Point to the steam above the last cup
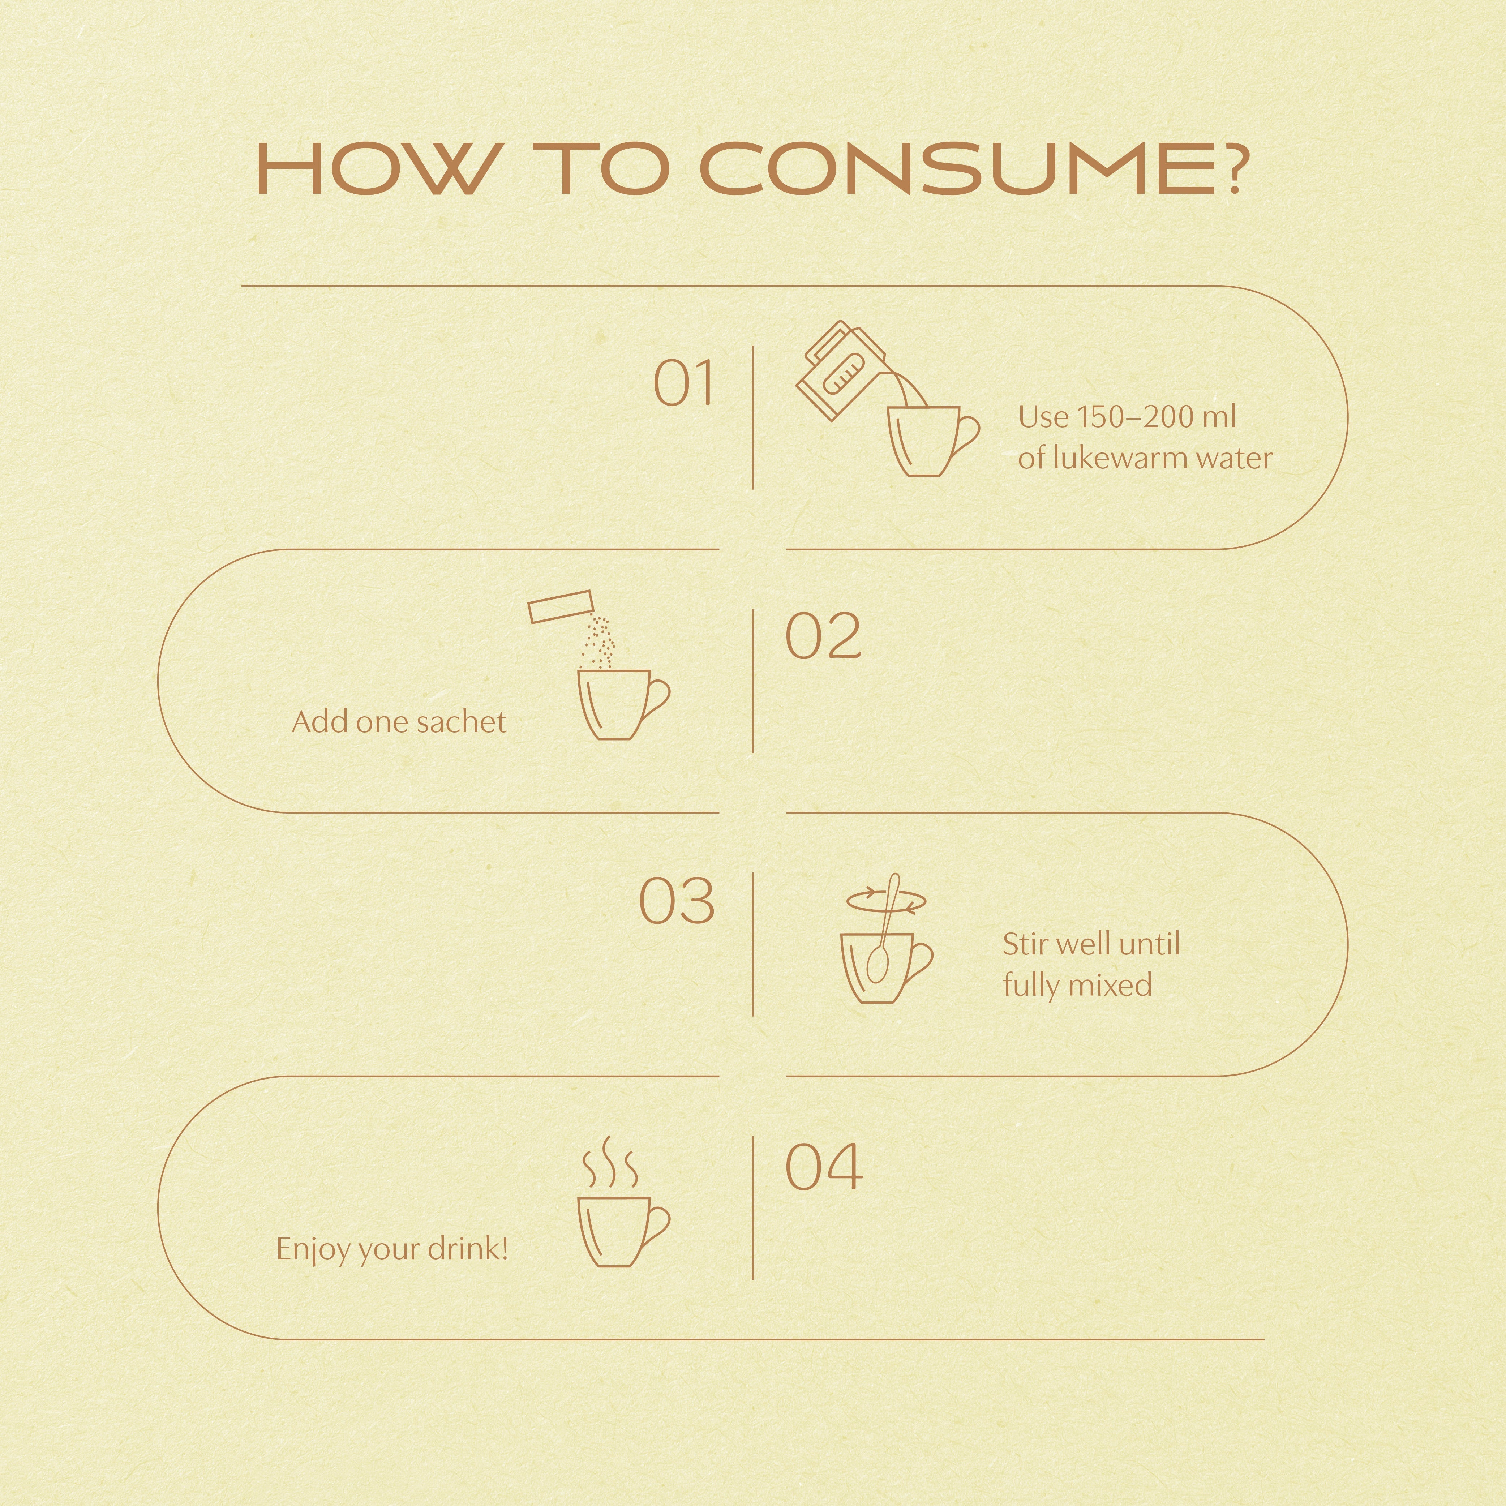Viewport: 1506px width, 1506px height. (x=610, y=1163)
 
